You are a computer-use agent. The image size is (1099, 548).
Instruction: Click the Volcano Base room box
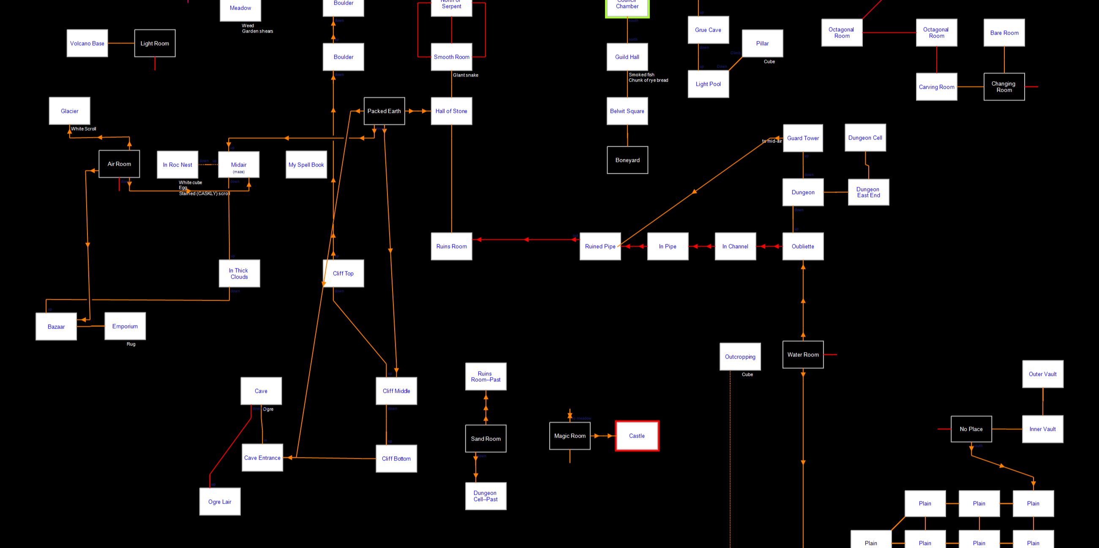pyautogui.click(x=87, y=43)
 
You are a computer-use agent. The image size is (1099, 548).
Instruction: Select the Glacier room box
pyautogui.click(x=70, y=111)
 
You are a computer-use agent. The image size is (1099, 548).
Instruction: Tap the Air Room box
pyautogui.click(x=119, y=164)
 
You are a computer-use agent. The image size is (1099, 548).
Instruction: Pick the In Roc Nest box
pyautogui.click(x=177, y=165)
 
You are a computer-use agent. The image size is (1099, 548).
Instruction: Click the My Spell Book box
pyautogui.click(x=306, y=165)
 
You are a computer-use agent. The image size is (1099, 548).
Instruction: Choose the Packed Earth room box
pyautogui.click(x=384, y=111)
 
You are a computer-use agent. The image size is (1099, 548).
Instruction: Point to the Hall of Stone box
pyautogui.click(x=451, y=111)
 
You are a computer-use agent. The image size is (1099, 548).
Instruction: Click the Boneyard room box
pyautogui.click(x=627, y=160)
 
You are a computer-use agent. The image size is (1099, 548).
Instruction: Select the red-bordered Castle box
pyautogui.click(x=637, y=436)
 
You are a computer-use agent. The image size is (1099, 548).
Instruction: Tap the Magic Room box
pyautogui.click(x=570, y=436)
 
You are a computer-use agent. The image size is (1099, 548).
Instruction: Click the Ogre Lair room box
pyautogui.click(x=220, y=501)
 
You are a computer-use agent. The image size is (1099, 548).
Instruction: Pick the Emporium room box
pyautogui.click(x=125, y=326)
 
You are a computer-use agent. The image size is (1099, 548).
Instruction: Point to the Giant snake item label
pyautogui.click(x=466, y=75)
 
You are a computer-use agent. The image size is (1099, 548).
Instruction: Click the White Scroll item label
pyautogui.click(x=84, y=129)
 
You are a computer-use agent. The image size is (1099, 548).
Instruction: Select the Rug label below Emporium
pyautogui.click(x=131, y=344)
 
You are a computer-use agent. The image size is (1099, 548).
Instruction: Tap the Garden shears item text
pyautogui.click(x=258, y=31)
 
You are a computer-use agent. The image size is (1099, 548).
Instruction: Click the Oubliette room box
pyautogui.click(x=803, y=246)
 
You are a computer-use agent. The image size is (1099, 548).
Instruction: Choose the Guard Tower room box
pyautogui.click(x=803, y=138)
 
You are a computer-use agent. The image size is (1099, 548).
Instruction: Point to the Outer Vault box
pyautogui.click(x=1043, y=374)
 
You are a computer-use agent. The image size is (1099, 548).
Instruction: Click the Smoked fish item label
pyautogui.click(x=641, y=75)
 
